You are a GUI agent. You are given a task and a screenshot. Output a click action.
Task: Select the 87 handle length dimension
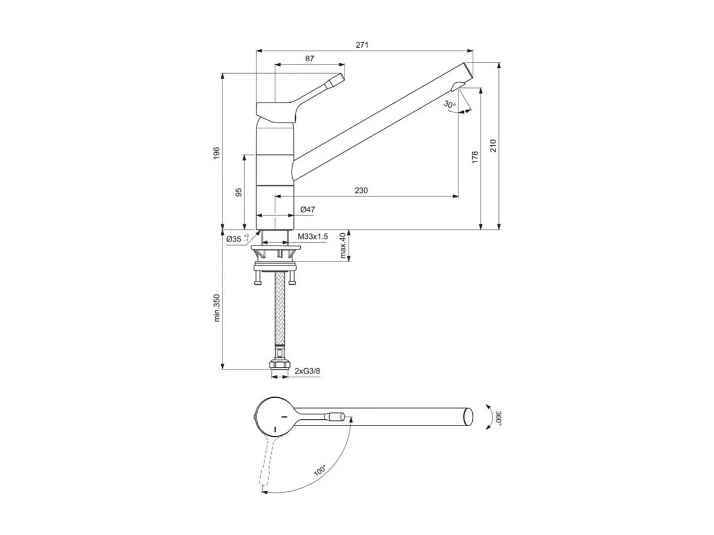point(309,58)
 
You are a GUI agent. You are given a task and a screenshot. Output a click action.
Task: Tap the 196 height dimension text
point(216,153)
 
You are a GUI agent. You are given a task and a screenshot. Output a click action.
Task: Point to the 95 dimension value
point(239,192)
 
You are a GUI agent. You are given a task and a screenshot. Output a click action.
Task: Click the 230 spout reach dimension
point(362,191)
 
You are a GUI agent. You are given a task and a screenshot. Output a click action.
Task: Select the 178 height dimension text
point(475,157)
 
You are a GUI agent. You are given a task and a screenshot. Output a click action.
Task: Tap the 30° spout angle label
point(450,104)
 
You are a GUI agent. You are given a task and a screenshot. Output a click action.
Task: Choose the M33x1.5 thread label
point(313,237)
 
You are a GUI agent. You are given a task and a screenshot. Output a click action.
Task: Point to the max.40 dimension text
point(343,246)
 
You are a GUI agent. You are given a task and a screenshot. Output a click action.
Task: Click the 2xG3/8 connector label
point(308,371)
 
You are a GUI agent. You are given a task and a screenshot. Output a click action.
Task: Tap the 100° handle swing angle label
point(320,470)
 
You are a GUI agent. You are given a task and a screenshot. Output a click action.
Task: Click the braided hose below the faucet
point(280,312)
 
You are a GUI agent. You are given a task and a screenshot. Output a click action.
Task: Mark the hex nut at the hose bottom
point(280,366)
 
